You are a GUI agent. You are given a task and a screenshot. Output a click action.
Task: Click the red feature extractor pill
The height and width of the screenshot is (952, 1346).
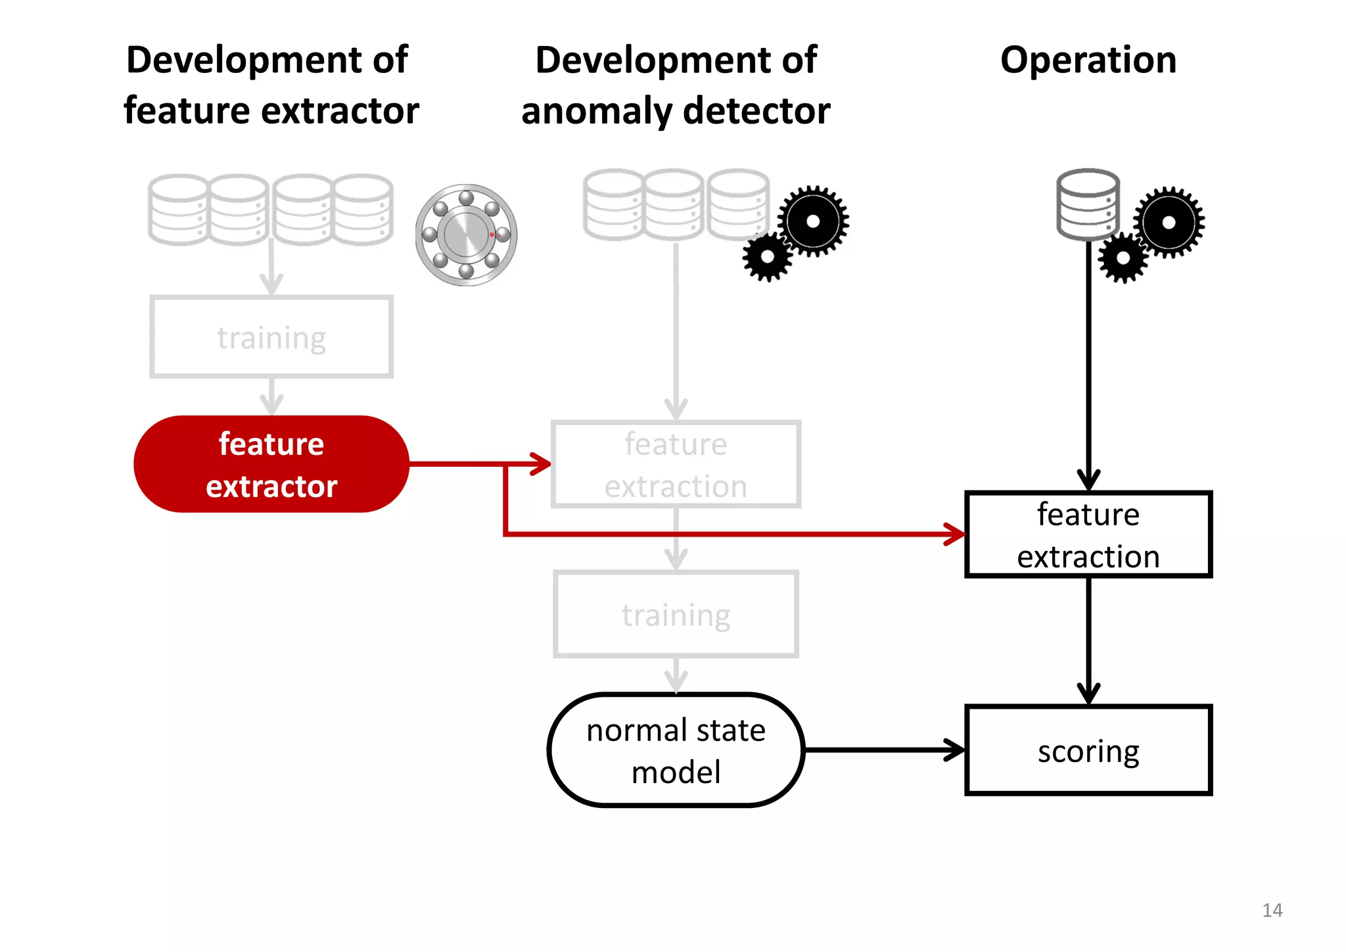coord(271,464)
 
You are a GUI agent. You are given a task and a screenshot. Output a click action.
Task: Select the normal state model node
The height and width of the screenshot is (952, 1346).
coord(676,750)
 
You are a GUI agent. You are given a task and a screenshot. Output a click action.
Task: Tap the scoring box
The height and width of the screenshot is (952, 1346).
coord(1088,750)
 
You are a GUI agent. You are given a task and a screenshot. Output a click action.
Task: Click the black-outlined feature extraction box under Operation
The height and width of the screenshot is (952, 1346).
coord(1088,535)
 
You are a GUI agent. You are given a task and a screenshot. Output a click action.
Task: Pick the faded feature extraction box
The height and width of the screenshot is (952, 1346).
coord(676,464)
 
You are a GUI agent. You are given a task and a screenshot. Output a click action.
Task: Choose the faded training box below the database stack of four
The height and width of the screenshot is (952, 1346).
coord(271,337)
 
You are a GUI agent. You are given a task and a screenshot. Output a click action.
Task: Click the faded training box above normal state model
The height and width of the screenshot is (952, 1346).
coord(676,614)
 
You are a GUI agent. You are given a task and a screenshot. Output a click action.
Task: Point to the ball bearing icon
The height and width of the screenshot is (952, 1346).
coord(466,235)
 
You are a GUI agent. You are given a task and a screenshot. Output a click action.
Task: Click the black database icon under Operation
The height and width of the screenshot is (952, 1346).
coord(1088,205)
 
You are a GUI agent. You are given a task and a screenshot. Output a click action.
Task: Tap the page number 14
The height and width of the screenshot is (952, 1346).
coord(1272,910)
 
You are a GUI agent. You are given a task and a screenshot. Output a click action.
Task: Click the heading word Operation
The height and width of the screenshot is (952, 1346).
coord(1088,60)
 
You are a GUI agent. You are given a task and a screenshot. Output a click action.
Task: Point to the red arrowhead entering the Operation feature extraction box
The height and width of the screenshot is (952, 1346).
coord(954,534)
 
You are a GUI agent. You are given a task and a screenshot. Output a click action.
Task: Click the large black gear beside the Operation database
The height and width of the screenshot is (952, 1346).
coord(1169,222)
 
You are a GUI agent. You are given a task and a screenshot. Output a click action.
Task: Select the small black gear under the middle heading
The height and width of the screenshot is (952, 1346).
coord(767,257)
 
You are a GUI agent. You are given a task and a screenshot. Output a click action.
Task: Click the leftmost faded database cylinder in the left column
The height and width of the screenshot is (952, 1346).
coord(178,209)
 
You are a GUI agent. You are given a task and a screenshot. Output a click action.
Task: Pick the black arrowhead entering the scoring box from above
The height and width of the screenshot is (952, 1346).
coord(1088,694)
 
